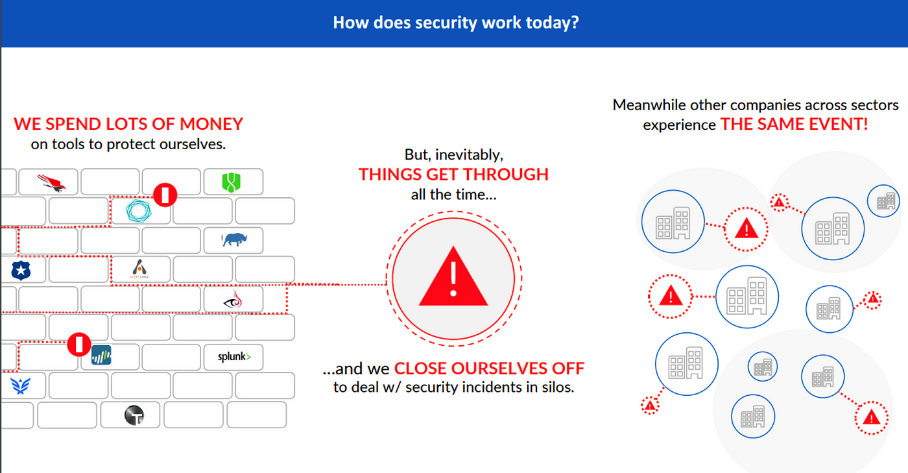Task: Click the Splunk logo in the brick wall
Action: (x=234, y=357)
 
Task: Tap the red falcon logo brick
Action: (x=50, y=182)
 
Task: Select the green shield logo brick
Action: (x=232, y=182)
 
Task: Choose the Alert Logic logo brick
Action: (x=139, y=269)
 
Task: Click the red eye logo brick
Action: (x=232, y=300)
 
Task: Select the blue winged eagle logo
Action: (x=19, y=386)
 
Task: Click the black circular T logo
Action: (x=134, y=415)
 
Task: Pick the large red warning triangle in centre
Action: (x=453, y=280)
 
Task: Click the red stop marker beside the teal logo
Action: (x=165, y=194)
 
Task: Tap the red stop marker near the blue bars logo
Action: (x=79, y=344)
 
